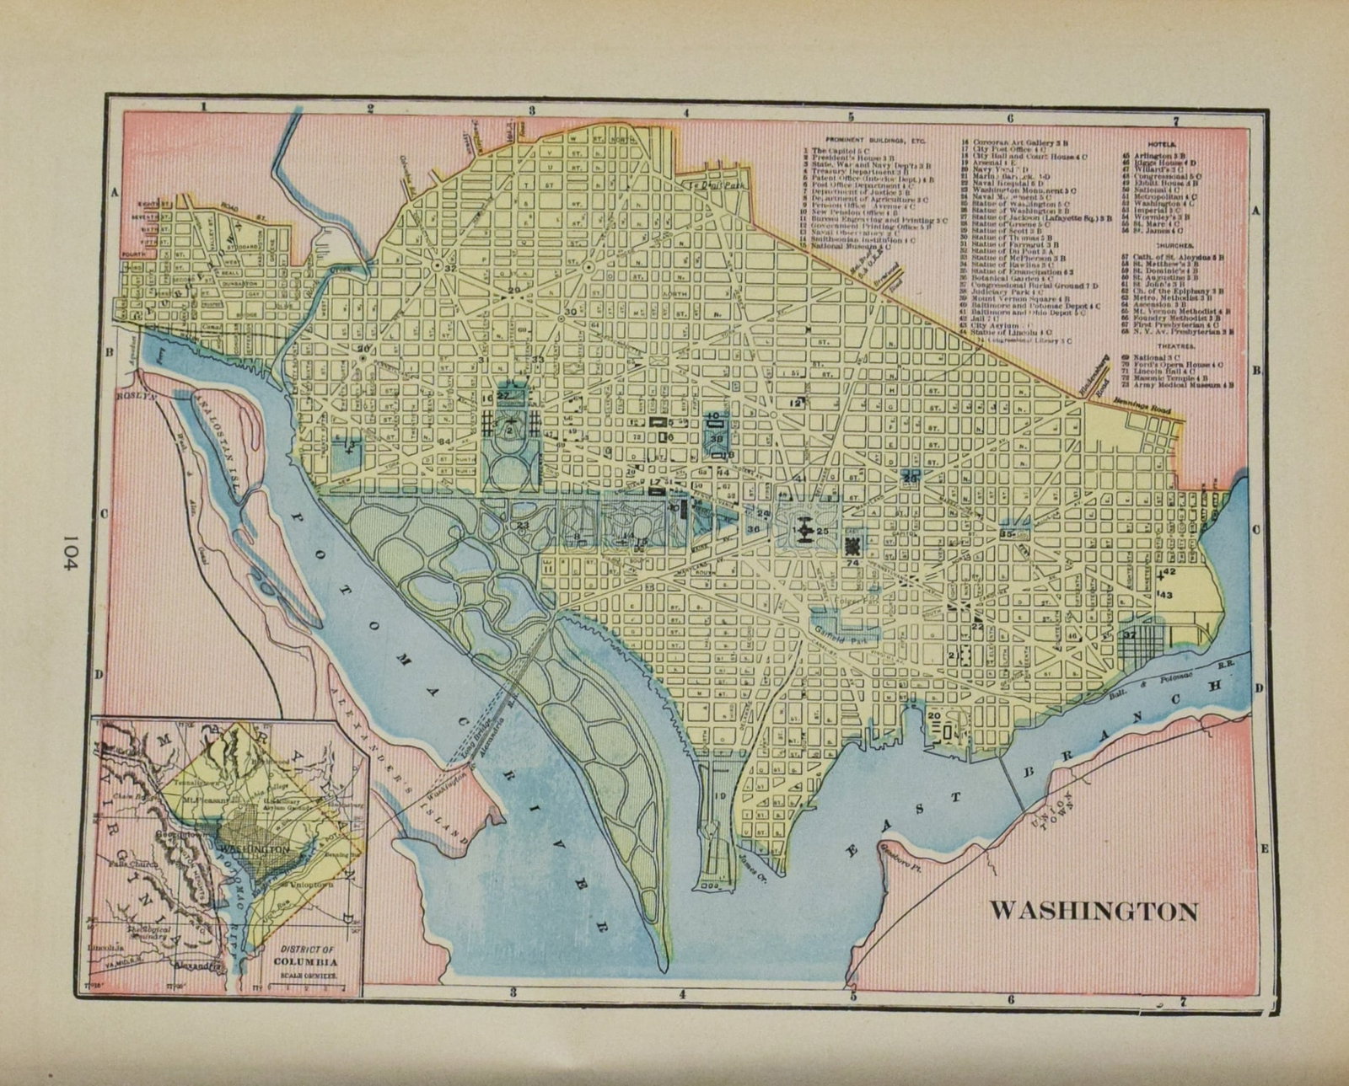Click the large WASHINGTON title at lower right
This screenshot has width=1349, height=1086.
(1093, 911)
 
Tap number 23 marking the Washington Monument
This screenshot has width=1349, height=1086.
(523, 525)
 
